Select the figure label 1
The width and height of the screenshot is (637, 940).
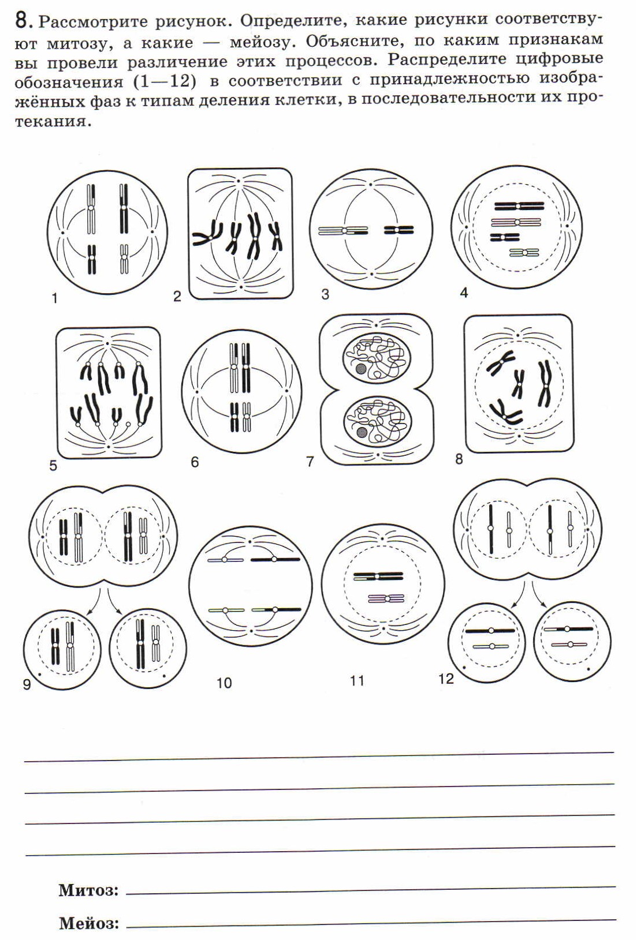[x=55, y=299]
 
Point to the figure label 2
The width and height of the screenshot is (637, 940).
[x=177, y=297]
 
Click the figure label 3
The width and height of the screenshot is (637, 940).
[x=325, y=295]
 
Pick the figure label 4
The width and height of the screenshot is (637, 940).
[x=464, y=293]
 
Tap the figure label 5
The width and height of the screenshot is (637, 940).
[x=53, y=466]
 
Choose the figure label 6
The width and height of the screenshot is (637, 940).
[x=195, y=462]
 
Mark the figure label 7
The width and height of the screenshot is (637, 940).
[x=310, y=462]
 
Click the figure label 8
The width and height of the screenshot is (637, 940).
[x=459, y=459]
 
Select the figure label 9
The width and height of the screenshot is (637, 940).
[x=27, y=684]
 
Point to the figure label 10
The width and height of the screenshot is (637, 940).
[x=224, y=683]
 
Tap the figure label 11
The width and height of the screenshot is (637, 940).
[x=357, y=681]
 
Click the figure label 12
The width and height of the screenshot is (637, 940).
[x=446, y=679]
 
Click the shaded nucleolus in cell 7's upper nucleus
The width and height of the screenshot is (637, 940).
[x=360, y=369]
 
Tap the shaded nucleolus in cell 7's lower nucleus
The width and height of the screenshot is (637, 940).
[x=361, y=432]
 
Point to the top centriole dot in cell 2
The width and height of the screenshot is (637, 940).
[x=239, y=181]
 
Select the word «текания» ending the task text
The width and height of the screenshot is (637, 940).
[x=53, y=122]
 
